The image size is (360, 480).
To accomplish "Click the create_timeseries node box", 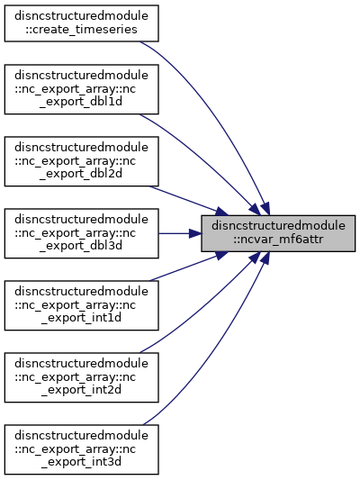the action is pos(81,23).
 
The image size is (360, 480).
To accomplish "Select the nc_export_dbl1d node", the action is pos(81,89).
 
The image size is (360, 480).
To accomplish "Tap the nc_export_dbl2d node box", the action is pos(81,161).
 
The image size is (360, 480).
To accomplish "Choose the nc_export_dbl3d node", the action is pos(81,233).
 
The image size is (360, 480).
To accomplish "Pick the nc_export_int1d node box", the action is pos(81,305).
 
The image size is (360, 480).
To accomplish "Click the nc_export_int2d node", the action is pos(81,377).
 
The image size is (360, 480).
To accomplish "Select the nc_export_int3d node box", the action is pos(81,449).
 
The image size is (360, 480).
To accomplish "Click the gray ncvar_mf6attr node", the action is pos(278,233).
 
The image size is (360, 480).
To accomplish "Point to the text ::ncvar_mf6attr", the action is pos(278,240).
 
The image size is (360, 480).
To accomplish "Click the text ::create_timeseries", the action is pos(81,30).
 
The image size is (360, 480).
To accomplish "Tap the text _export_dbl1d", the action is pos(81,102).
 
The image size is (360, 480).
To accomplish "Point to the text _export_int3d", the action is pos(81,462).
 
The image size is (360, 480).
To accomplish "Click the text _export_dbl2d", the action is pos(81,174).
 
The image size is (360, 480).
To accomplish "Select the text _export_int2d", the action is pos(81,390).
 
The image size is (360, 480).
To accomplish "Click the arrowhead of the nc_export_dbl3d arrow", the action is pos(194,233).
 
